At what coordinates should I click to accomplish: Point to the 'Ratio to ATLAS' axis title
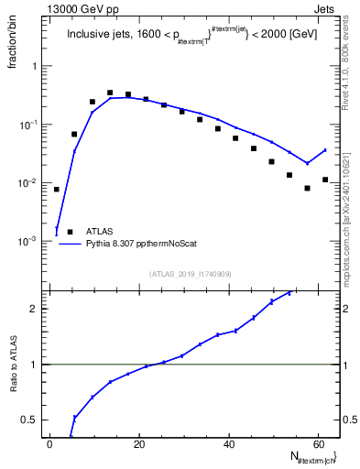click(13, 365)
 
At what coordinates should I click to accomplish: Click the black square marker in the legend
click(70, 232)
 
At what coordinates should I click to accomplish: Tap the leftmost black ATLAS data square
click(57, 190)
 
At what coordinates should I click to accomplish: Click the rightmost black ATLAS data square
click(325, 180)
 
